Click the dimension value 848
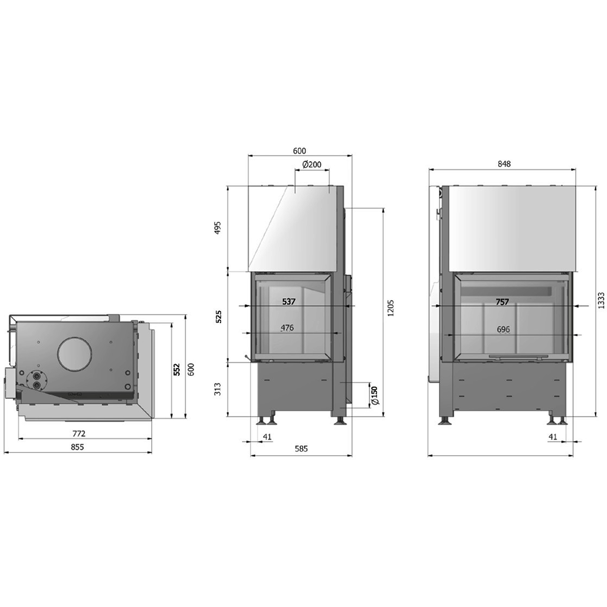pos(504,164)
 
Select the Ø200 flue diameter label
pos(312,164)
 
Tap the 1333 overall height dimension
pos(601,300)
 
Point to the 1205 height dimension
pos(391,308)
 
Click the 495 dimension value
pos(218,228)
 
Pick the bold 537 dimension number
pos(289,302)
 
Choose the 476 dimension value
pos(287,328)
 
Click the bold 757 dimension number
pos(502,302)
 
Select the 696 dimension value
pos(503,329)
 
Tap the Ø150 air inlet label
pos(375,395)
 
